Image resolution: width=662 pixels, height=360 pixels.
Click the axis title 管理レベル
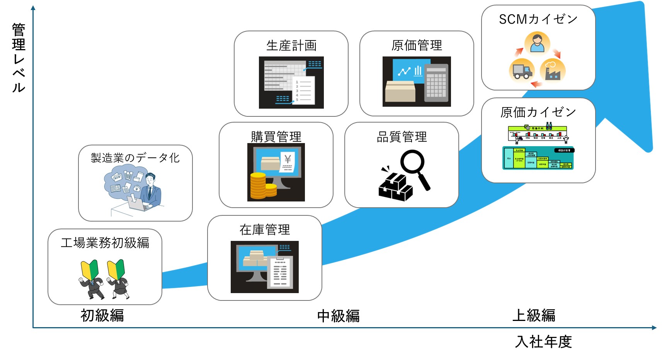click(x=19, y=58)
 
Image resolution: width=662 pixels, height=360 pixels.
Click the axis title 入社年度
click(x=543, y=342)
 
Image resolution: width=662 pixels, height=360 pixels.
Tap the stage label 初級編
click(x=102, y=316)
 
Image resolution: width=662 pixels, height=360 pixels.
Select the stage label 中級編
click(x=338, y=316)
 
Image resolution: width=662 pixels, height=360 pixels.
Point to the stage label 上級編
click(x=534, y=316)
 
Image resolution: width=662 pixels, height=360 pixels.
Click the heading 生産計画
click(x=291, y=46)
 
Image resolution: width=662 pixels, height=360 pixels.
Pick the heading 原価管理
click(x=417, y=46)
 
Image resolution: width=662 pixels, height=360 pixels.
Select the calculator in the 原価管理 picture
click(x=436, y=83)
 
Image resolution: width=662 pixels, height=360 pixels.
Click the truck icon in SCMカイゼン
click(x=521, y=71)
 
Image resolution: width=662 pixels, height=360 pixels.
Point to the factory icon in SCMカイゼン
click(x=553, y=71)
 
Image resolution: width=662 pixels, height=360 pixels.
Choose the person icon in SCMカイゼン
click(x=537, y=43)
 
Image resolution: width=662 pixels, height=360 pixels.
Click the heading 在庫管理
click(x=265, y=230)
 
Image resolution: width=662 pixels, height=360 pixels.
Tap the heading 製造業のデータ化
click(x=135, y=158)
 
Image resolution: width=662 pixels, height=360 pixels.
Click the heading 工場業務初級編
click(x=105, y=243)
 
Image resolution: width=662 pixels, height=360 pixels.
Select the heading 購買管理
click(x=276, y=137)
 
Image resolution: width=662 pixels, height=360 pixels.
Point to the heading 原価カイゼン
click(x=538, y=112)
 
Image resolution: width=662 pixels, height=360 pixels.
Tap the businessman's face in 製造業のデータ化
click(x=150, y=180)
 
